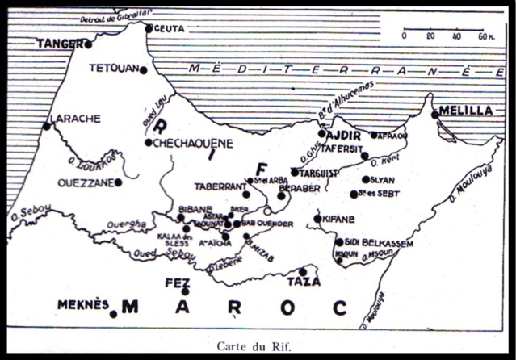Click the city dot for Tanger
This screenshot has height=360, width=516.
coord(88,44)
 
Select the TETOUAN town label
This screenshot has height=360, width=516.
coord(113,68)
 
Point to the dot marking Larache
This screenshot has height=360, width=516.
coord(47,126)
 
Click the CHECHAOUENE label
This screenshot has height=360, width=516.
coord(193,143)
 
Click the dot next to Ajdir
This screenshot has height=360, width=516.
coord(321,135)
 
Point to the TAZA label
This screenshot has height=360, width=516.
coord(304,282)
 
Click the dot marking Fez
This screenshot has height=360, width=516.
coord(186,292)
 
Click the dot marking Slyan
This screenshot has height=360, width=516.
coord(366,180)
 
